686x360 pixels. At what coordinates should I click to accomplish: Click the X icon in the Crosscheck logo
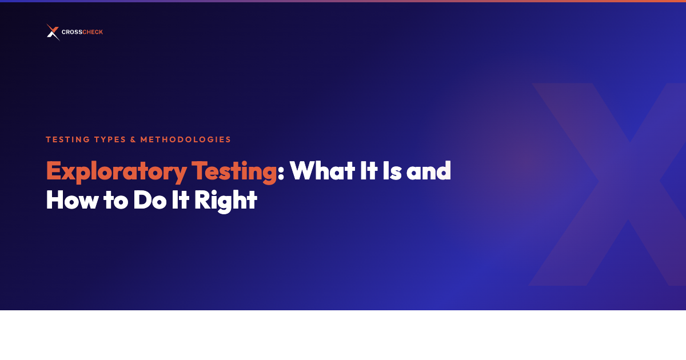coord(53,33)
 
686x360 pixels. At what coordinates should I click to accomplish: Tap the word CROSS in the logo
coord(71,33)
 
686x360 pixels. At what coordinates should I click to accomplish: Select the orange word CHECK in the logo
coord(92,33)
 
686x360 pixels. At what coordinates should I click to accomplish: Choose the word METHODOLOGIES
coord(185,139)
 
